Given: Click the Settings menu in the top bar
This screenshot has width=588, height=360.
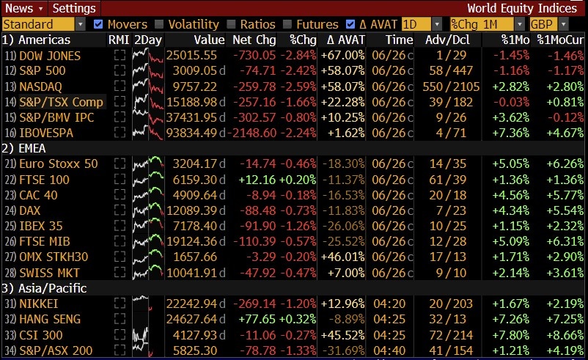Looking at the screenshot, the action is pyautogui.click(x=74, y=8).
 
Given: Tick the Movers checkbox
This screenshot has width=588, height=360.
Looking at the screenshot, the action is pyautogui.click(x=98, y=24).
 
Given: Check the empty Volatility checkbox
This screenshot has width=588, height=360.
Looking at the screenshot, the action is pyautogui.click(x=159, y=24).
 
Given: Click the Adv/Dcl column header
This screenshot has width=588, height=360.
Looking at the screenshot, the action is pyautogui.click(x=447, y=40).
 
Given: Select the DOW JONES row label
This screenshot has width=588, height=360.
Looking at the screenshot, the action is pyautogui.click(x=50, y=56).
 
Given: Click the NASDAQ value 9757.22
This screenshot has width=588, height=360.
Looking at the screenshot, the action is pyautogui.click(x=194, y=87).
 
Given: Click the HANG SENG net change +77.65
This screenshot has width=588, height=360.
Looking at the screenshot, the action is pyautogui.click(x=257, y=319).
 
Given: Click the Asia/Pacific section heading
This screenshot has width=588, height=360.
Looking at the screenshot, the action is pyautogui.click(x=44, y=288).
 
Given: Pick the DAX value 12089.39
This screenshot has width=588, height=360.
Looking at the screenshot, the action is pyautogui.click(x=191, y=210).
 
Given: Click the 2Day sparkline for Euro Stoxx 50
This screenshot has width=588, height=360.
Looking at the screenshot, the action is pyautogui.click(x=148, y=164).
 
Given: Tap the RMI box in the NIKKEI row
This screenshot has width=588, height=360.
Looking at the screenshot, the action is pyautogui.click(x=120, y=303).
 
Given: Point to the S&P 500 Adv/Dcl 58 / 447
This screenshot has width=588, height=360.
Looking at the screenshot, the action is pyautogui.click(x=451, y=70).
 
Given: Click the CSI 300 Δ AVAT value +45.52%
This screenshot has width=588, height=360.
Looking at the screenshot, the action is pyautogui.click(x=342, y=335).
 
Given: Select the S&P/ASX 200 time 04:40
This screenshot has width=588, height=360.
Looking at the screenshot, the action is pyautogui.click(x=389, y=350).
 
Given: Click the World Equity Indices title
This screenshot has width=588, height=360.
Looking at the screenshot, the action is pyautogui.click(x=522, y=8).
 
